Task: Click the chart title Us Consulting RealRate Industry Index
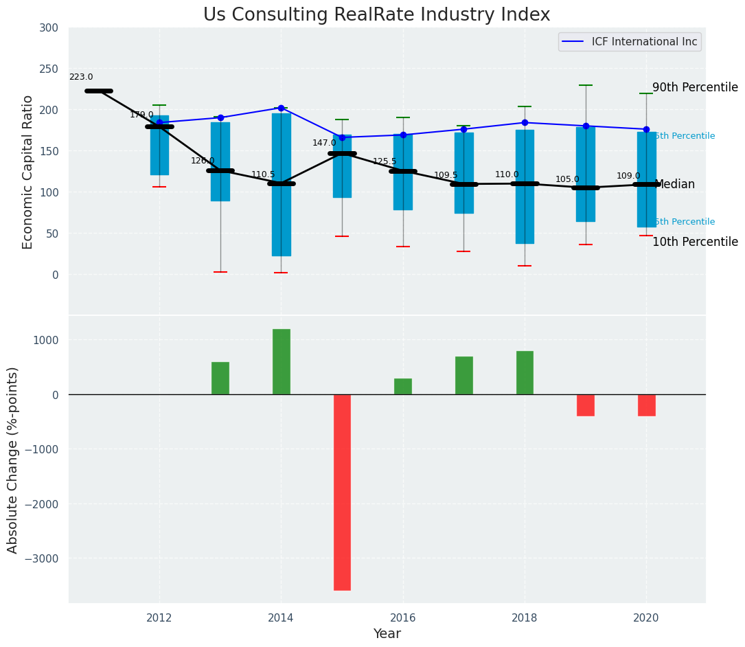(x=376, y=15)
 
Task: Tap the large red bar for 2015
(x=342, y=492)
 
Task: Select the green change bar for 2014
(x=281, y=361)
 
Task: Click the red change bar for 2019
(x=585, y=405)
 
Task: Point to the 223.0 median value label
(x=81, y=78)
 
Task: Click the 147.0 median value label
(x=324, y=143)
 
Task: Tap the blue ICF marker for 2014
(x=281, y=108)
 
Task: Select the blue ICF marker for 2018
(x=525, y=123)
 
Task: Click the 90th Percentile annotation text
(x=695, y=88)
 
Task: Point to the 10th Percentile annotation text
(x=695, y=242)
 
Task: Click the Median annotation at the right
(x=675, y=185)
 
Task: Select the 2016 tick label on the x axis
(x=403, y=617)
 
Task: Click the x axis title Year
(x=387, y=634)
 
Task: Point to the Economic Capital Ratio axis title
(x=28, y=172)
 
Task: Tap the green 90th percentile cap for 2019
(x=585, y=85)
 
